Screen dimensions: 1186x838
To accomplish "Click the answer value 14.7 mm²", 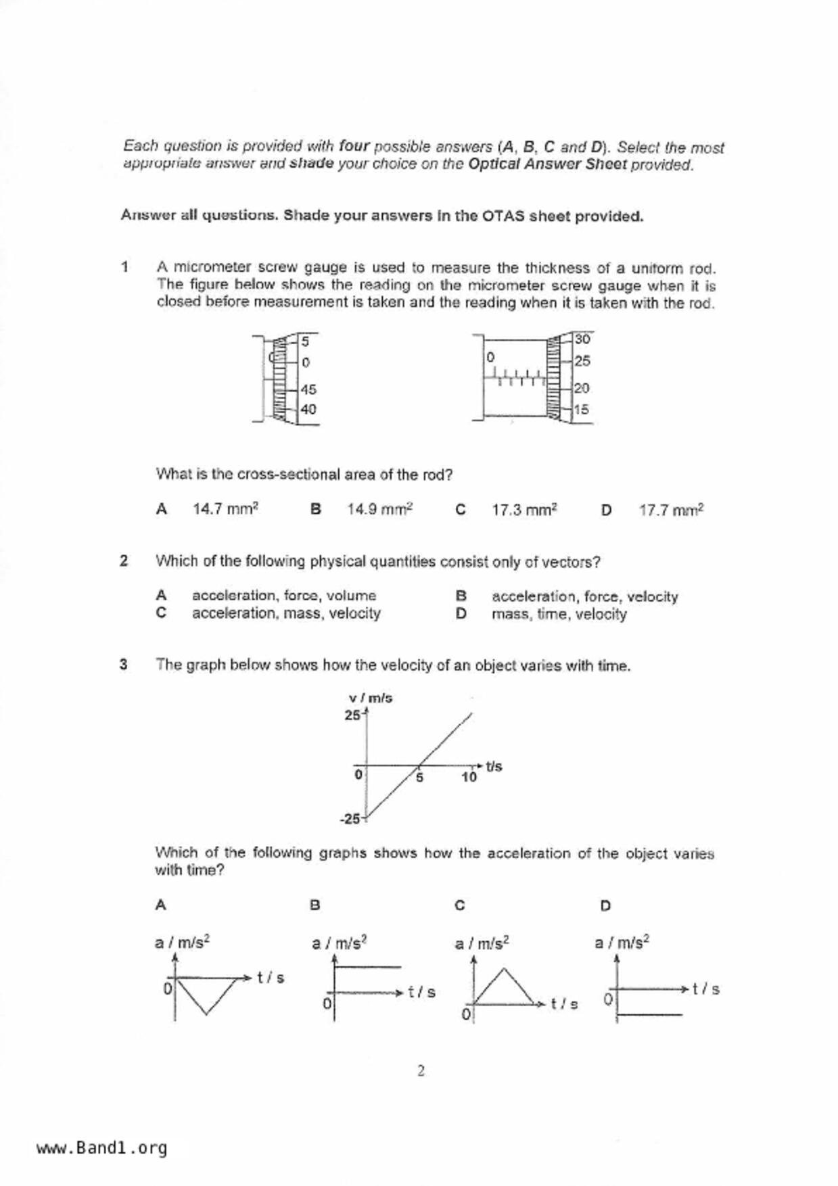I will click(225, 509).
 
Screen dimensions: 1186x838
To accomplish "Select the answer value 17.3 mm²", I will click(524, 510).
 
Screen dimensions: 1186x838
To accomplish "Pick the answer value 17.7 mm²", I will click(671, 510).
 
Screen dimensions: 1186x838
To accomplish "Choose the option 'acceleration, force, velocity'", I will click(584, 596).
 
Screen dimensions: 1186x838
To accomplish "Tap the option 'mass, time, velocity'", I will click(559, 614).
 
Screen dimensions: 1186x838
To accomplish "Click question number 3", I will click(123, 664).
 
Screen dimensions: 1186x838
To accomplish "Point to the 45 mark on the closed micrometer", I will click(308, 389).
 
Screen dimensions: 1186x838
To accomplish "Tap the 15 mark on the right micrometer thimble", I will click(581, 409).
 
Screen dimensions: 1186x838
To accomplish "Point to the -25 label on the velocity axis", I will click(350, 819).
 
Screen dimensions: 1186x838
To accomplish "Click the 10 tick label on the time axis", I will click(469, 777).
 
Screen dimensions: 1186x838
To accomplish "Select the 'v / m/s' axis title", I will click(370, 698).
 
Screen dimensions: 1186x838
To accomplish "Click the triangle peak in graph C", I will click(503, 969).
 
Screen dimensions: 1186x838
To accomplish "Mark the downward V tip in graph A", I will click(207, 1014).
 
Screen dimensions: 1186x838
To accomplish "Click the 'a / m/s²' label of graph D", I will click(622, 942).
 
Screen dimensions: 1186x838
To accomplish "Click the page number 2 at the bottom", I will click(421, 1070).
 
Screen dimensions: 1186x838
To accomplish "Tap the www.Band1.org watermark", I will click(101, 1148).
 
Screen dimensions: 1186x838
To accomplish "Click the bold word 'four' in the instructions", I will click(354, 146).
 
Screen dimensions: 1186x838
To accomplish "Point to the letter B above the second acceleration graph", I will click(315, 905).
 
